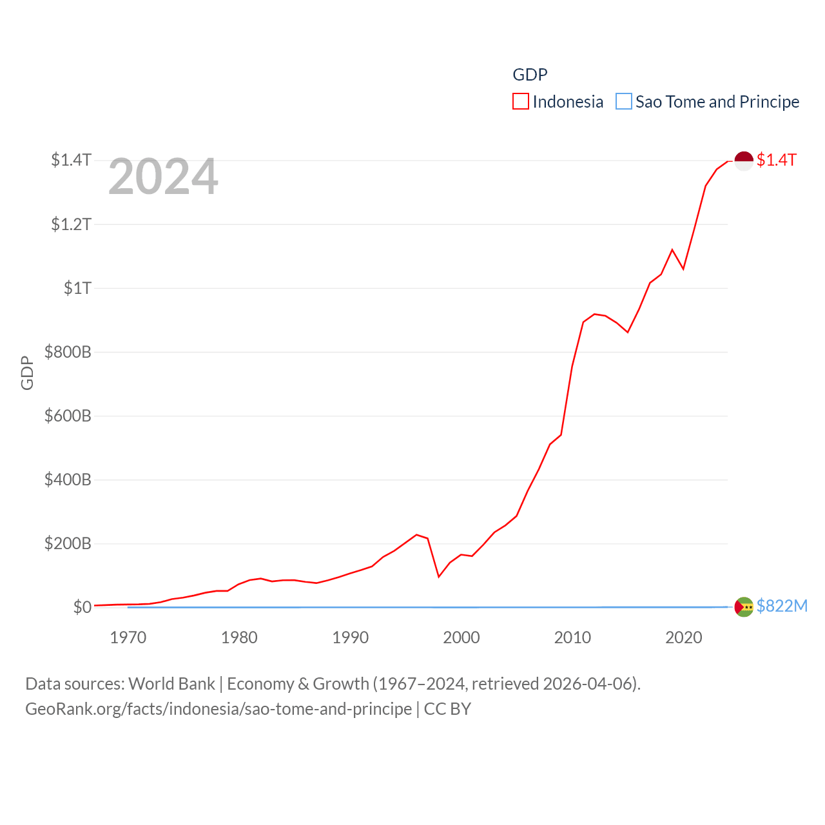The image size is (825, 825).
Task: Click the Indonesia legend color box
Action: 521,102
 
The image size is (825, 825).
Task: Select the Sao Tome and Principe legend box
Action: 624,102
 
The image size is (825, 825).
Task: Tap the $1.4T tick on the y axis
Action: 72,160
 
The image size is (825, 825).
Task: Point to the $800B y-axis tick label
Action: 68,352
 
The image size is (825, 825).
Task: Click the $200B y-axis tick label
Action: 68,543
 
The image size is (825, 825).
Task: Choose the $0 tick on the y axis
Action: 82,607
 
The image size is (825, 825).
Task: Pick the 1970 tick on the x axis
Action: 128,638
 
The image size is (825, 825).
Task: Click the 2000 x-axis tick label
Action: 461,638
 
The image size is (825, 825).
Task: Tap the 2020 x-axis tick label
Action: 684,638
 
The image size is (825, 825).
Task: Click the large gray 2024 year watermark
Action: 163,177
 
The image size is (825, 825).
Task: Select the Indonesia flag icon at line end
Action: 744,160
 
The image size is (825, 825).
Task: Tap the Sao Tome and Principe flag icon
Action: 744,607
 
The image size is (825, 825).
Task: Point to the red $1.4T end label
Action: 777,160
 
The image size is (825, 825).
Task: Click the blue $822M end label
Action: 782,606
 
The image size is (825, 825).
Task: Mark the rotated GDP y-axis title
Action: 27,373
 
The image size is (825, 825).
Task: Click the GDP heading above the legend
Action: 530,75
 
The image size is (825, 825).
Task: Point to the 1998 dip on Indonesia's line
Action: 439,576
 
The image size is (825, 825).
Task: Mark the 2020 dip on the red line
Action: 683,269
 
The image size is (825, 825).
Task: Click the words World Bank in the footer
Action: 172,684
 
